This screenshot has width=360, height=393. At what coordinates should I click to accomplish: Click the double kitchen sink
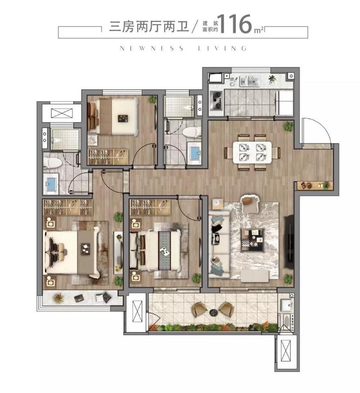tap(249, 81)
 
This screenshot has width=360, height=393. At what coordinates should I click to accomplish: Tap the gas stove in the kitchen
tap(216, 101)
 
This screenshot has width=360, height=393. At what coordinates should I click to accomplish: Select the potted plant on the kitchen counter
tap(272, 80)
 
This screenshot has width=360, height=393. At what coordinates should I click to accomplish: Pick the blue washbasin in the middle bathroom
tap(194, 152)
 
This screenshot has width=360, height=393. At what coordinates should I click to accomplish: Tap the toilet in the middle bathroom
tap(193, 132)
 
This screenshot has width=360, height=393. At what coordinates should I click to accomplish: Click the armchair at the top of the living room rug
tap(248, 203)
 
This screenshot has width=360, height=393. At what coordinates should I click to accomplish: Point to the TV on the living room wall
tap(289, 240)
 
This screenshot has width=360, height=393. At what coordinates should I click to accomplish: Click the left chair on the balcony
tap(200, 309)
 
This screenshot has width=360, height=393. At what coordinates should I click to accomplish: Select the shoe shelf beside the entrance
tap(315, 185)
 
